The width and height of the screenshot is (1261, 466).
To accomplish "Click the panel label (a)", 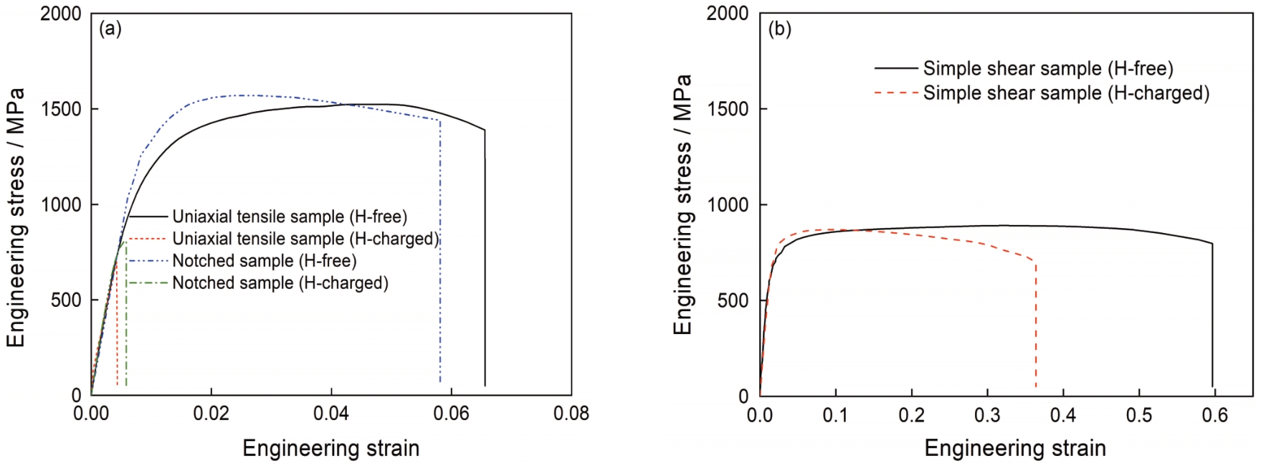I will [x=110, y=29].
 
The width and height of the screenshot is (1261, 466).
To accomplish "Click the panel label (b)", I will [x=779, y=29].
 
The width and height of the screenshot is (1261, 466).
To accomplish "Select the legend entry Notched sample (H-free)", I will [x=264, y=261].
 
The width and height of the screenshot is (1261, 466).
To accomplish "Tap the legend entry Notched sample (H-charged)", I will [x=280, y=283].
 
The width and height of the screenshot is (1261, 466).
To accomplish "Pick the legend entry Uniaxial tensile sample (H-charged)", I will [x=305, y=239].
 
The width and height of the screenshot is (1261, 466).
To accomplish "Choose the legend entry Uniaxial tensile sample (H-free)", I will [x=289, y=217].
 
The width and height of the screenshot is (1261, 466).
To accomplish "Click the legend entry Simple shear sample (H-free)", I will [x=1047, y=69].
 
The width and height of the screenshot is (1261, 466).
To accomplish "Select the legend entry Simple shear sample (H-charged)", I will [x=1065, y=93].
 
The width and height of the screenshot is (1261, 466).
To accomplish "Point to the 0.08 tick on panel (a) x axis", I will [x=571, y=414].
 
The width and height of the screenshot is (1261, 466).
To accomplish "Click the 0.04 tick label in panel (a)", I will [x=331, y=414].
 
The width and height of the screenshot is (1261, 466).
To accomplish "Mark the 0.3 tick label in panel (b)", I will [x=987, y=415].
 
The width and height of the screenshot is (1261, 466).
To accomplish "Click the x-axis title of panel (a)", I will [x=330, y=449].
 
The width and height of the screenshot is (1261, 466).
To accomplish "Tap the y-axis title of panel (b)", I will [x=683, y=204].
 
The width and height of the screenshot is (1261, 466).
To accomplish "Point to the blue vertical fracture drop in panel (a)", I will [x=439, y=251].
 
